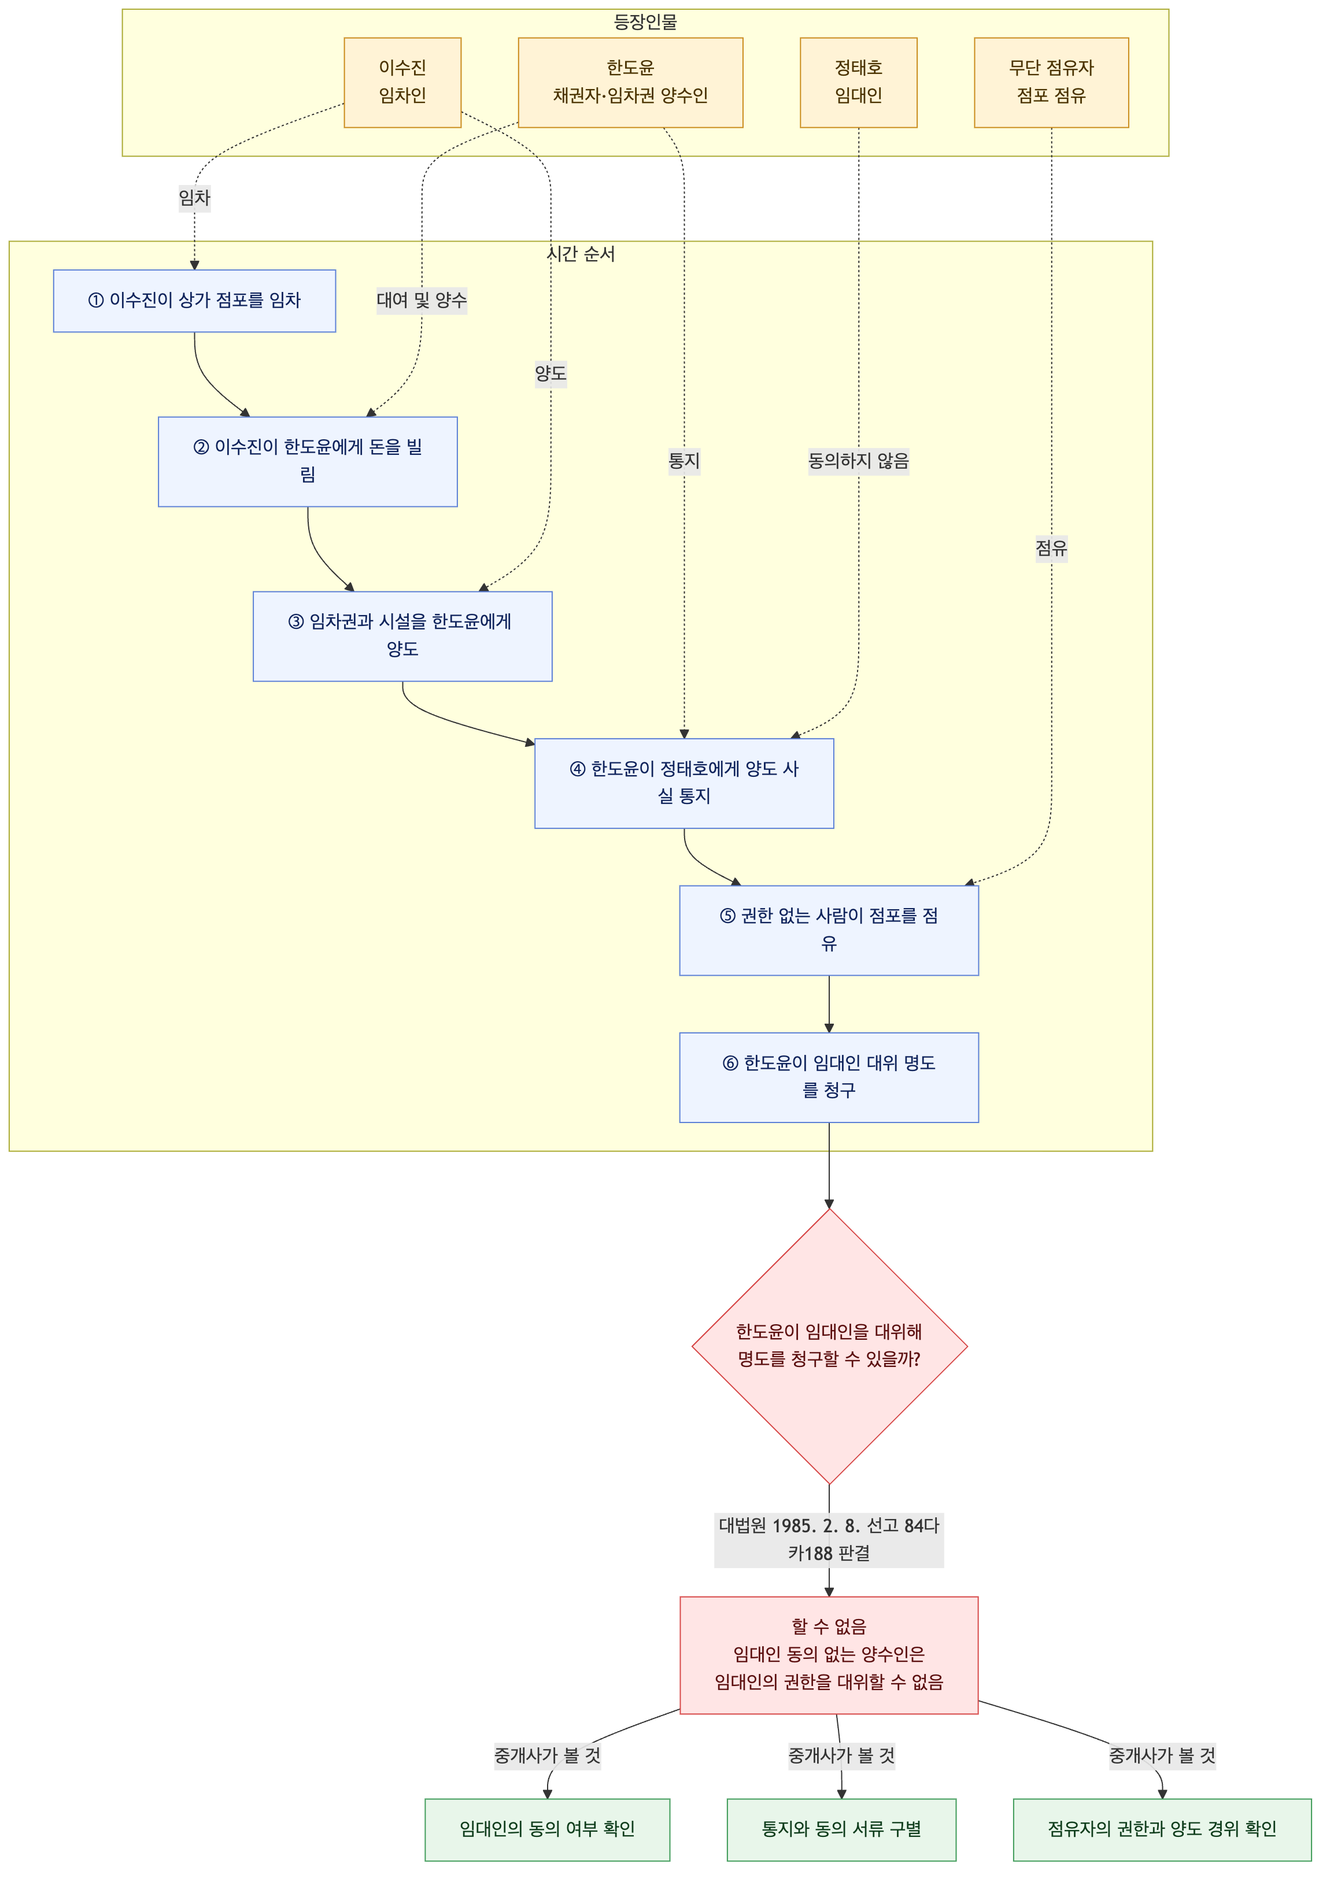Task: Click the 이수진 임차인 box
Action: point(402,82)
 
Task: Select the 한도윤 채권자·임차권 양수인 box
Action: point(630,82)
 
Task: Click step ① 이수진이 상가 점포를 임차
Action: point(194,301)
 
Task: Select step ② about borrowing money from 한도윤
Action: point(308,461)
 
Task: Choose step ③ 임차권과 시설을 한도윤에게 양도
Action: point(402,636)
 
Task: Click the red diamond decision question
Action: point(829,1346)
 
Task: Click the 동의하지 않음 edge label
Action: point(859,461)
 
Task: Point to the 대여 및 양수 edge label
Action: point(422,300)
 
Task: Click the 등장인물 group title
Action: point(645,22)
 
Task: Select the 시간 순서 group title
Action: point(581,254)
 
